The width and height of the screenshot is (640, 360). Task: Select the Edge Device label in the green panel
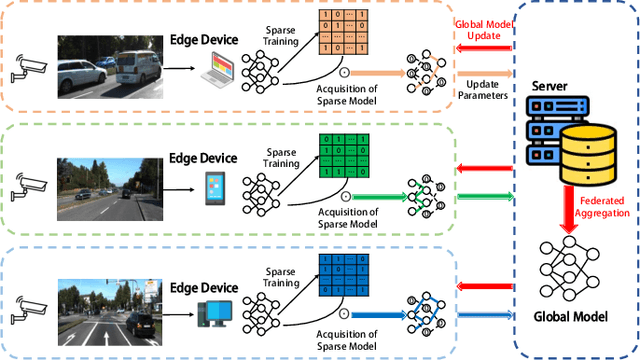[x=203, y=158]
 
